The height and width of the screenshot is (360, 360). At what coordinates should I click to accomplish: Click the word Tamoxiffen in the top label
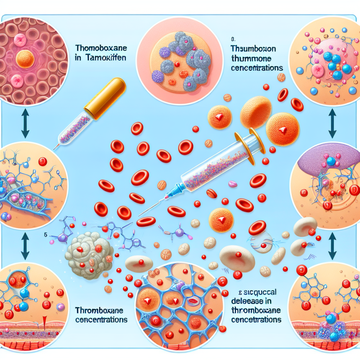[x=110, y=59]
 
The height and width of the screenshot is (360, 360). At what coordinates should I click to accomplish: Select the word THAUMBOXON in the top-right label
[x=251, y=48]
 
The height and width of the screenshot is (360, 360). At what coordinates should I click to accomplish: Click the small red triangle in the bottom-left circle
[x=44, y=322]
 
